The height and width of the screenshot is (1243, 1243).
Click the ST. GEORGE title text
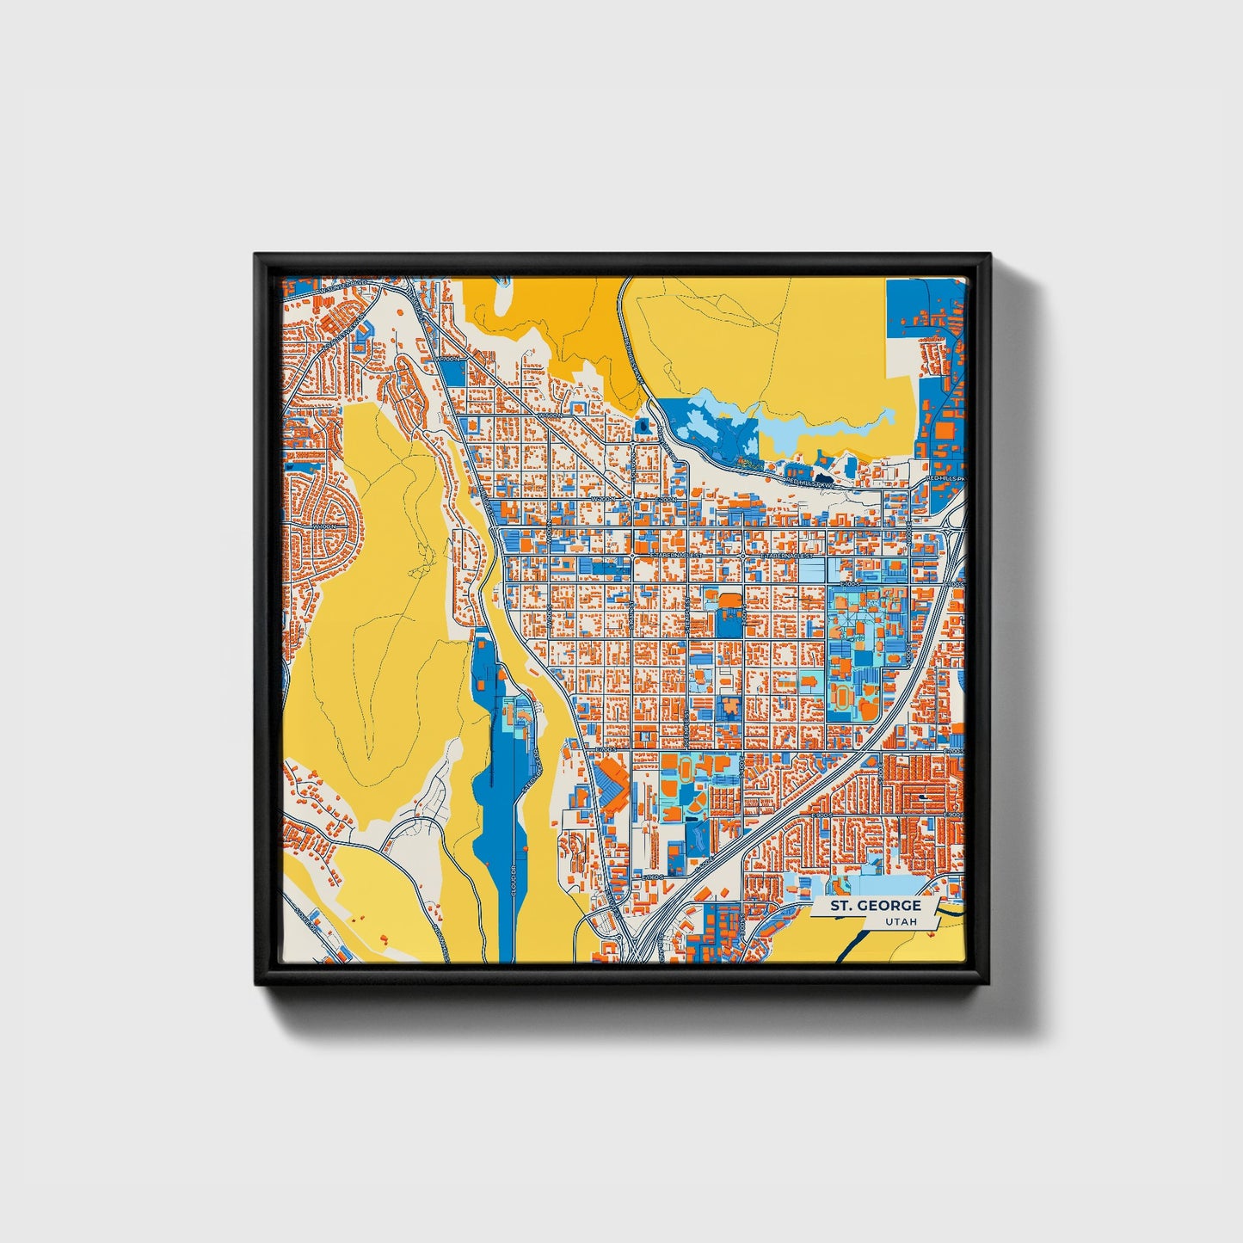(876, 906)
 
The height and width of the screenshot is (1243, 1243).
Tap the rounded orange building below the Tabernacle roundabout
(729, 599)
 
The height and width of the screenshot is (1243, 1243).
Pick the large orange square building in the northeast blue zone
(945, 428)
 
